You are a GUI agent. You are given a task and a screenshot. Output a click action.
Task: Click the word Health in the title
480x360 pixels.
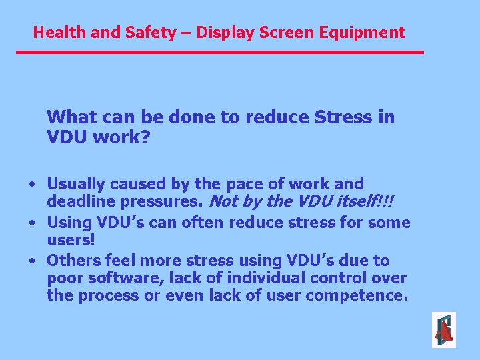pyautogui.click(x=56, y=32)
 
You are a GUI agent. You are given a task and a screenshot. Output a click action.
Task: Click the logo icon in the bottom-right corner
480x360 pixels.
pyautogui.click(x=443, y=329)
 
